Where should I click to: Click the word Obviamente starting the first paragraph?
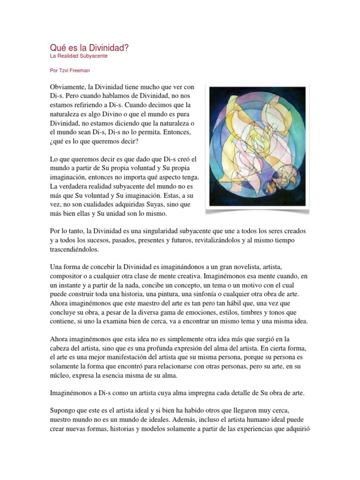tap(70, 87)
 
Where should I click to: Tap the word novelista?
tap(248, 267)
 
